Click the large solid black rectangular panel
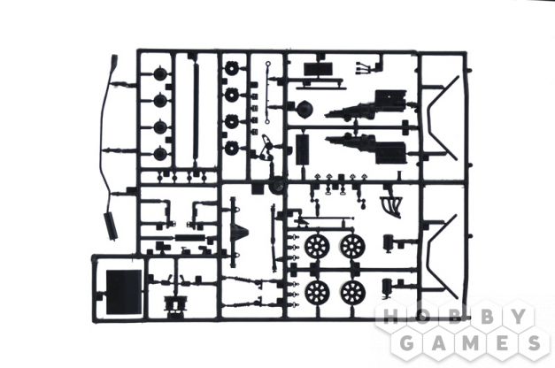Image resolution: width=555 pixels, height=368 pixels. tap(124, 292)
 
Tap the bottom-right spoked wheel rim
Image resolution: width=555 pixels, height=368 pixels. tap(353, 293)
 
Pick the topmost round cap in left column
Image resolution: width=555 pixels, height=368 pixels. tap(160, 73)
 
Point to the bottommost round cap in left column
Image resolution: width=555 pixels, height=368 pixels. tap(160, 154)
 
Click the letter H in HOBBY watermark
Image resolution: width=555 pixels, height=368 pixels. tap(392, 318)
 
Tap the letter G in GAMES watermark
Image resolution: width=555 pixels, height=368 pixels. tap(408, 343)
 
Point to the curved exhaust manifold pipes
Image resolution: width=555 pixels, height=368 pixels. tap(391, 204)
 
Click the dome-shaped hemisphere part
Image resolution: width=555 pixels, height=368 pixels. tap(304, 110)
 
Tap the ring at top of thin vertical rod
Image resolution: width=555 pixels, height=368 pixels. tap(268, 65)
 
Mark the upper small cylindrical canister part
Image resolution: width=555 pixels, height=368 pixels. tap(389, 242)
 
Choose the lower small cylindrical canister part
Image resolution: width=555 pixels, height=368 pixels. tap(387, 287)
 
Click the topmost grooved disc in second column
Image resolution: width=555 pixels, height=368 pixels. tap(232, 68)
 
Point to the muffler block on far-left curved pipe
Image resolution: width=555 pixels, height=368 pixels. tap(110, 226)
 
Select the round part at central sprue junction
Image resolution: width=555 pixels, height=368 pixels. tap(276, 186)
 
